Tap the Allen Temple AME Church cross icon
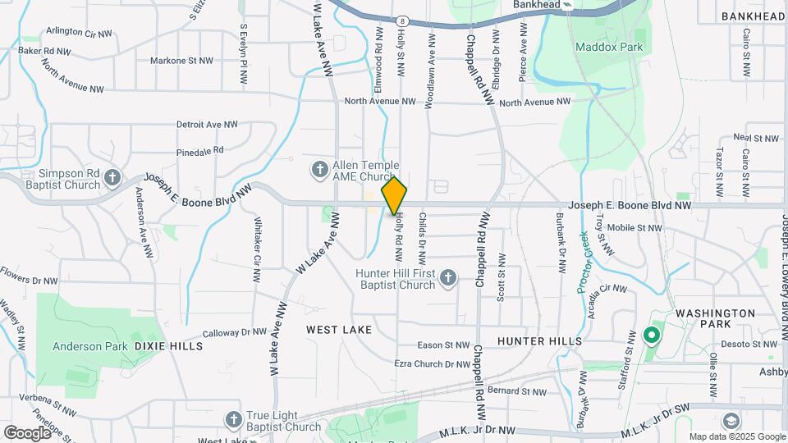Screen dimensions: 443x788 319,170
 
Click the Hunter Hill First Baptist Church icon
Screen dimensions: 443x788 448,279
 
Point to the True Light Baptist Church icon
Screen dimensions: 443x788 234,420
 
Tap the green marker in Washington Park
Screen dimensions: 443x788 652,335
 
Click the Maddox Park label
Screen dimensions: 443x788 608,47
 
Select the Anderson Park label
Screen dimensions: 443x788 89,346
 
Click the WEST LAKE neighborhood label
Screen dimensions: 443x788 339,329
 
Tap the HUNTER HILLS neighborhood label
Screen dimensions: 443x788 539,340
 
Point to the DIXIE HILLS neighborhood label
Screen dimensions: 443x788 168,346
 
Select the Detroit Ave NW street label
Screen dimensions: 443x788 207,125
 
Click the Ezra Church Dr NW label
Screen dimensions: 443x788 432,363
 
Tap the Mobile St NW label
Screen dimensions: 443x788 634,227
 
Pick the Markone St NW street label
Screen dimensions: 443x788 180,61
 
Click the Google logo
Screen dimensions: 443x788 27,432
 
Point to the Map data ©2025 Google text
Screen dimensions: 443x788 736,436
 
